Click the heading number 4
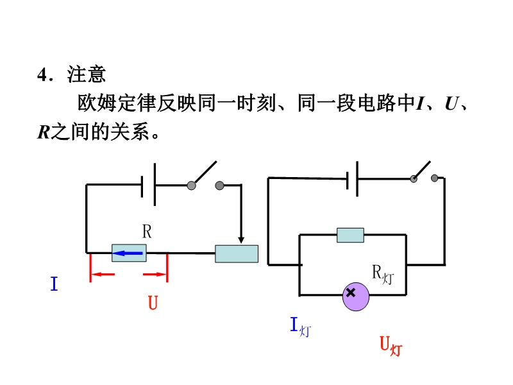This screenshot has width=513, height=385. [43, 74]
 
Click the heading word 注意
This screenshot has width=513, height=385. [87, 74]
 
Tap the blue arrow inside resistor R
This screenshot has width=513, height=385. [127, 253]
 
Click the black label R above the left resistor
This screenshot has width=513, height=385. [147, 232]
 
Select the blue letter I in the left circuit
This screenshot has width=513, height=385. [55, 284]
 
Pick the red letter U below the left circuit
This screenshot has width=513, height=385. [153, 302]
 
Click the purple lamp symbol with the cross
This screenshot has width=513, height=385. [356, 296]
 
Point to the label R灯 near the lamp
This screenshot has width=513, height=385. [383, 275]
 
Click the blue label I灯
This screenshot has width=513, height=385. [301, 327]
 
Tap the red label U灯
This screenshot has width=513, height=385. [391, 346]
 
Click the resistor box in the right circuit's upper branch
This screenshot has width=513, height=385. [350, 235]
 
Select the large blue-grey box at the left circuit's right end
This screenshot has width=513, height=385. [237, 253]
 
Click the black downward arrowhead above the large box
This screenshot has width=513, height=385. [241, 240]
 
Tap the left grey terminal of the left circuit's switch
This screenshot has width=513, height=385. [191, 185]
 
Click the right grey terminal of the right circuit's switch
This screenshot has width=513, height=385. [435, 178]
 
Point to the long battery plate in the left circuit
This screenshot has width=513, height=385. [155, 185]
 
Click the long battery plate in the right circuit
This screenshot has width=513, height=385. [357, 179]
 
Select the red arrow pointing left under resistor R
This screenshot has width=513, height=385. [103, 274]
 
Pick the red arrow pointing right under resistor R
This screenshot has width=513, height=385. [155, 274]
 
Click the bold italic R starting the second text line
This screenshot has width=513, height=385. [44, 132]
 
